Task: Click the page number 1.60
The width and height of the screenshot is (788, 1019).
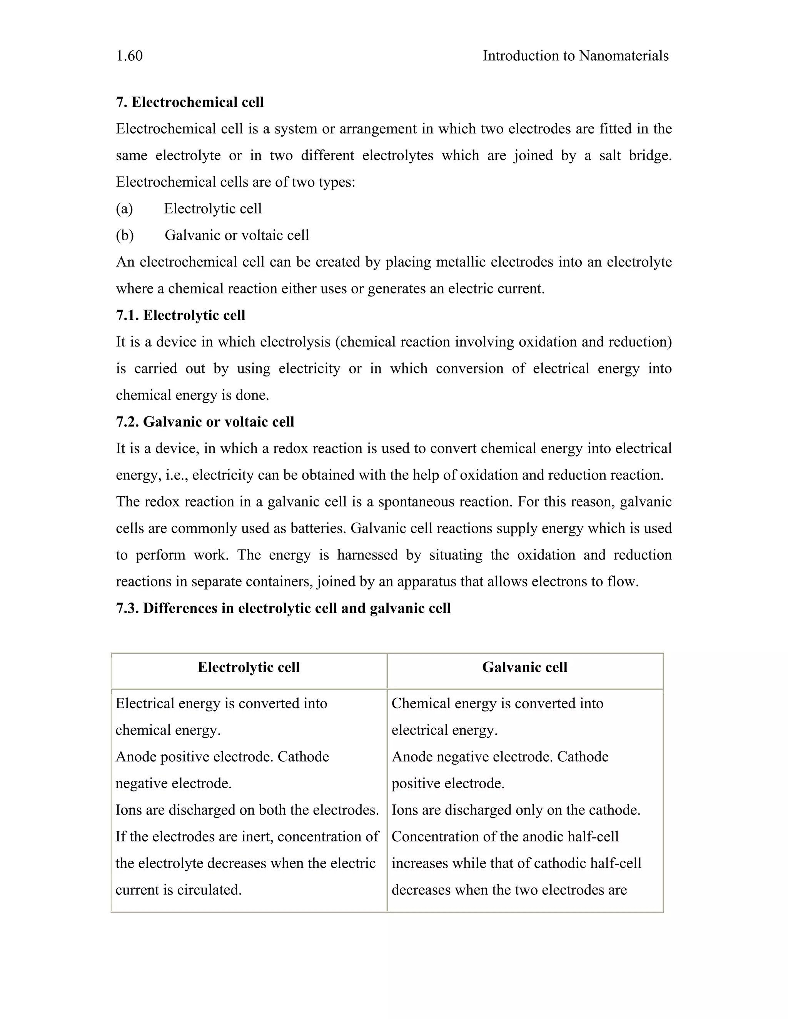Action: (129, 56)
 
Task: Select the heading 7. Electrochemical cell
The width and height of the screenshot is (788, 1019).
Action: (190, 102)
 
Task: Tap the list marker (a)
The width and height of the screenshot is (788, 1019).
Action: (124, 208)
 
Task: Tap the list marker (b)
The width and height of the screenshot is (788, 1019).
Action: (125, 235)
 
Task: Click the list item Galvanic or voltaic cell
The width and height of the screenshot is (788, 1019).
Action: (237, 235)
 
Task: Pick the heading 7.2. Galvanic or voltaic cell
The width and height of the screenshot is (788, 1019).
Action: (205, 422)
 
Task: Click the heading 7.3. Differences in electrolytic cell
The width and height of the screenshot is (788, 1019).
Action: (283, 608)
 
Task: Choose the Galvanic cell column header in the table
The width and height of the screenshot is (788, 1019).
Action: (525, 667)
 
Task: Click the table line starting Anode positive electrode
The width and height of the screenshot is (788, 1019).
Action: (222, 757)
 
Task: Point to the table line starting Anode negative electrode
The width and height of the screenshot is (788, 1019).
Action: (499, 757)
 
